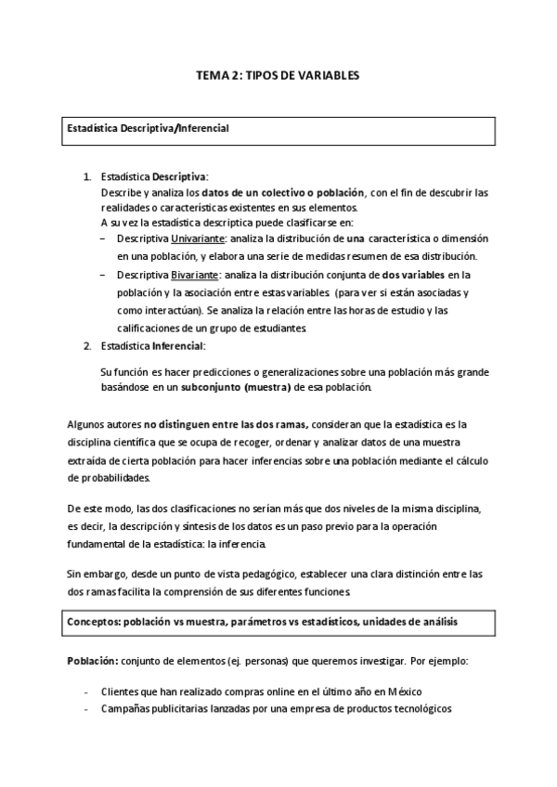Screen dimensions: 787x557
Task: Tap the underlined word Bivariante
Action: tap(195, 275)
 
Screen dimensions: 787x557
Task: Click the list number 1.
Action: tap(87, 175)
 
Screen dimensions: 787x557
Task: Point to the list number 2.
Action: tap(87, 345)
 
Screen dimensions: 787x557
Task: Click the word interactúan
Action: tap(168, 311)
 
